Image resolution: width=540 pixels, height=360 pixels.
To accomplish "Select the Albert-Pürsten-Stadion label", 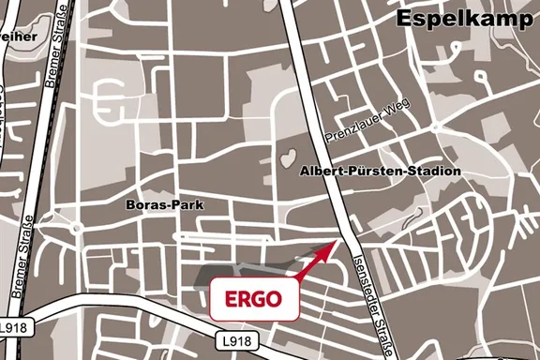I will point(381,172).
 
